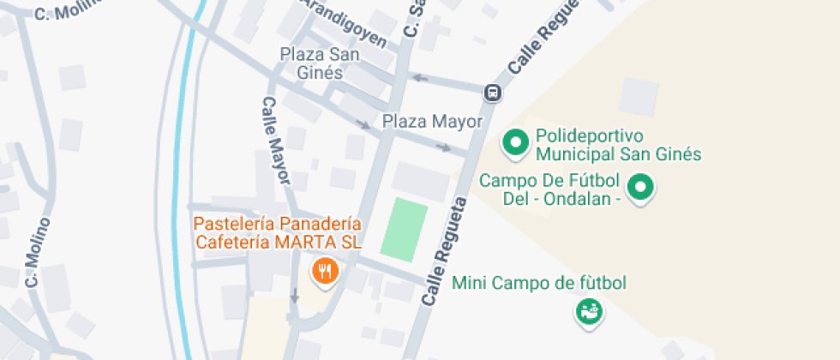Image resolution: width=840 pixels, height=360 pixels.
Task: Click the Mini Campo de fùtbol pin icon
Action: pos(589,311)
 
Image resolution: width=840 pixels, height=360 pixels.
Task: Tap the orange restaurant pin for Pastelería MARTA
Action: pos(324,272)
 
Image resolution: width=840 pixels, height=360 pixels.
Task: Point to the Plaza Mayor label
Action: pos(433,122)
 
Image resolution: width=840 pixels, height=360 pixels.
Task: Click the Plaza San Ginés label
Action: pos(312,63)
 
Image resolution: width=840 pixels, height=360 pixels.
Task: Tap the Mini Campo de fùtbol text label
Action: pos(540,283)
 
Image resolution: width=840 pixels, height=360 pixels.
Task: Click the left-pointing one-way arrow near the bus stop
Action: pos(417,79)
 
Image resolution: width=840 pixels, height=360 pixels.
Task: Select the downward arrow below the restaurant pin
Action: pos(295,297)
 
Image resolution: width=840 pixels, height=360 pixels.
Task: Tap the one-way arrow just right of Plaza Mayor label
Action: pos(443,147)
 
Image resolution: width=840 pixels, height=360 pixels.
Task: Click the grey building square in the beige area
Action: pos(639,97)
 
